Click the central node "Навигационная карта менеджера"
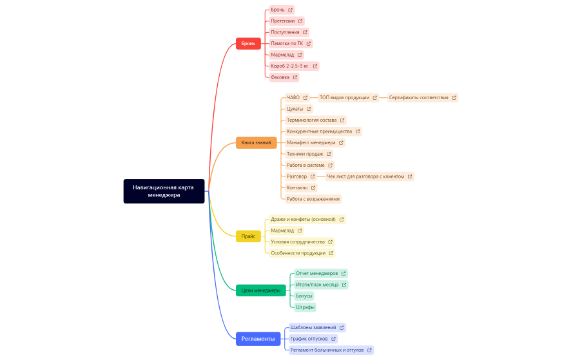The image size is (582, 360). (164, 191)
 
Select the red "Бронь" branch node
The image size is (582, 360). (248, 44)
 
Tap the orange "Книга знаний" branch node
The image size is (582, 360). (256, 142)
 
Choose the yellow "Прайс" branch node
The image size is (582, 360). (248, 236)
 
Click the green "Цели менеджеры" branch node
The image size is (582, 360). (260, 290)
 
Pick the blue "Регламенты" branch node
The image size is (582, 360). (258, 339)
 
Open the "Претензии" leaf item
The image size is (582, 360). (283, 21)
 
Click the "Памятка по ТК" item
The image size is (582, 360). (287, 44)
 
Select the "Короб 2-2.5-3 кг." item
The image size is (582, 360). (290, 66)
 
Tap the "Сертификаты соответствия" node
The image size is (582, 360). (418, 98)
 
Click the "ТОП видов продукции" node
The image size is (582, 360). (344, 98)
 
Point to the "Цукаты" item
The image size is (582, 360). (295, 109)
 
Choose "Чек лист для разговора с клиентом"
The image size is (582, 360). (365, 176)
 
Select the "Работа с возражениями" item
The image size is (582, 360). (313, 199)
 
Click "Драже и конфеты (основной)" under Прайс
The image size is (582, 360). (303, 220)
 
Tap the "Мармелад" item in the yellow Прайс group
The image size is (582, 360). (282, 231)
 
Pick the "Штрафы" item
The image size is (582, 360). (306, 307)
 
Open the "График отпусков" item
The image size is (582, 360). (309, 339)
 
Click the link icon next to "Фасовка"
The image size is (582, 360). (295, 77)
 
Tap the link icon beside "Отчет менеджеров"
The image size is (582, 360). (344, 274)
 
